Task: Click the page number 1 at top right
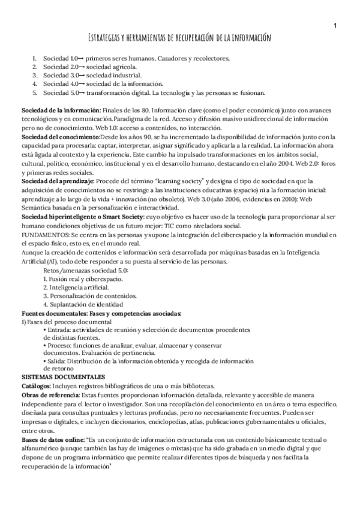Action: [x=335, y=25]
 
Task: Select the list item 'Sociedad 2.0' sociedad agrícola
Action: [x=78, y=67]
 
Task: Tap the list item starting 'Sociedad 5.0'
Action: [x=150, y=93]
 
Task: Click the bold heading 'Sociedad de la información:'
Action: [x=61, y=112]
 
